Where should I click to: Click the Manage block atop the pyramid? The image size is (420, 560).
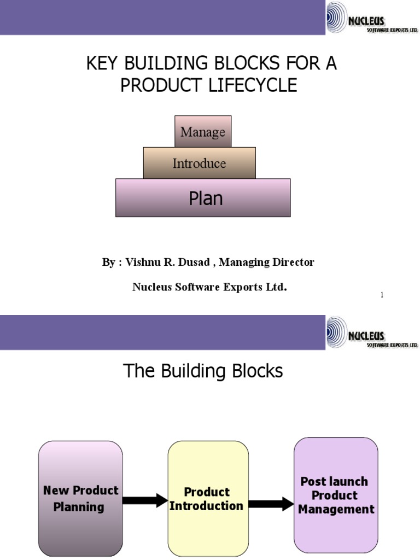(203, 132)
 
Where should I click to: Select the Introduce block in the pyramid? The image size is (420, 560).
(199, 163)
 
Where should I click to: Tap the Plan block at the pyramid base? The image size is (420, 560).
(203, 198)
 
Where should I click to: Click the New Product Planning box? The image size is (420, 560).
(80, 498)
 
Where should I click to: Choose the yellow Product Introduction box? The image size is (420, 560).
(207, 498)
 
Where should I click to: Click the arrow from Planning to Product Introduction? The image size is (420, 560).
(145, 500)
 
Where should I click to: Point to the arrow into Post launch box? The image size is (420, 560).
(271, 504)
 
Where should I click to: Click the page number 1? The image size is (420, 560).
(382, 295)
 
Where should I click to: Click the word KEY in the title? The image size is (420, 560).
(103, 65)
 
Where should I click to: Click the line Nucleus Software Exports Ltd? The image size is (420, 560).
(209, 287)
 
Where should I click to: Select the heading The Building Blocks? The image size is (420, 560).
(203, 371)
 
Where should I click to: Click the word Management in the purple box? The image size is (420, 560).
(336, 509)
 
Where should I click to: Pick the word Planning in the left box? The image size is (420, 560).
(79, 507)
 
